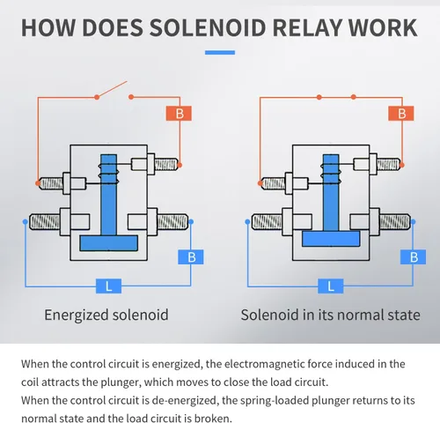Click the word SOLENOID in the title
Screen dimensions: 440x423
point(209,27)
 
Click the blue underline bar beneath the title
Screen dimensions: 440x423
point(220,53)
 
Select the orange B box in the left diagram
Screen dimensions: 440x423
point(179,114)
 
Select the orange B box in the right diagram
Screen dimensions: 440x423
point(401,114)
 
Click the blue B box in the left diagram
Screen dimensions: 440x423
point(191,257)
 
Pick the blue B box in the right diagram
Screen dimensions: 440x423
point(414,257)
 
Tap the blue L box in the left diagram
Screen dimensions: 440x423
point(109,286)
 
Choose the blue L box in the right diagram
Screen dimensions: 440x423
point(331,286)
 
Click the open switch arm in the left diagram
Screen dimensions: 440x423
point(112,89)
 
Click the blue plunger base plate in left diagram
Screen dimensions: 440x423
point(109,243)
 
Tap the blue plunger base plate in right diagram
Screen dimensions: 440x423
point(331,239)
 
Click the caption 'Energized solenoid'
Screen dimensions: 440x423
point(106,315)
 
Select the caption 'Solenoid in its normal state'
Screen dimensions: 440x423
point(331,315)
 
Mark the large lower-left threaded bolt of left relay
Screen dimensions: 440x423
point(46,222)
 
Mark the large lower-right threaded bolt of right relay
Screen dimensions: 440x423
point(394,222)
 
